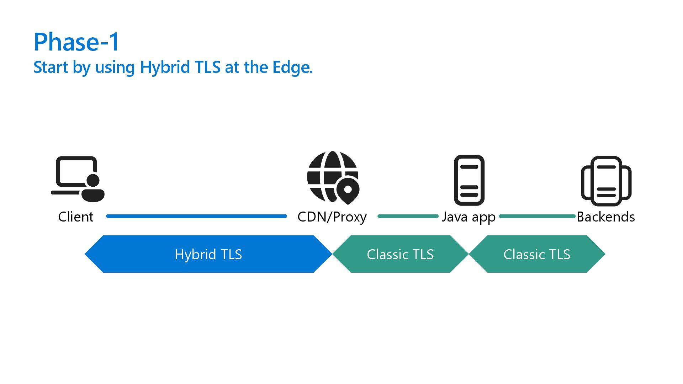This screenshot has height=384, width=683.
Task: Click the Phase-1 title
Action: point(76,42)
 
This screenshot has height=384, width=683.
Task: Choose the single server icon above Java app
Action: point(469,180)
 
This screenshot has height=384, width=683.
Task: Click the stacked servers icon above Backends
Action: point(606,181)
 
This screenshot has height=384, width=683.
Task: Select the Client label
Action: point(76,217)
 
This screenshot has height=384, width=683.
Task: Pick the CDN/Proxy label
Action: point(332,217)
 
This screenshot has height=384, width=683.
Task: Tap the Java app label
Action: point(468,217)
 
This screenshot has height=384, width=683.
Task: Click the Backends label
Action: point(606,217)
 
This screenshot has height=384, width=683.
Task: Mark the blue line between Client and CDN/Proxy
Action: point(196,216)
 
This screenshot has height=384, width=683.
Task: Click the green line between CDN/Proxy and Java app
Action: point(408,216)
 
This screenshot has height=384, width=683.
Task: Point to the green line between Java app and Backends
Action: point(537,216)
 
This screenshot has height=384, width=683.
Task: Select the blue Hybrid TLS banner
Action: point(208,254)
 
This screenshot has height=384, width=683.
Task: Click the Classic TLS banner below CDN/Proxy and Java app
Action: point(400,254)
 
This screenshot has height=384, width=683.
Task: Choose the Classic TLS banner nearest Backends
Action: point(537,254)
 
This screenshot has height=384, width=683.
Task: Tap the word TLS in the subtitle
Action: point(208,67)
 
